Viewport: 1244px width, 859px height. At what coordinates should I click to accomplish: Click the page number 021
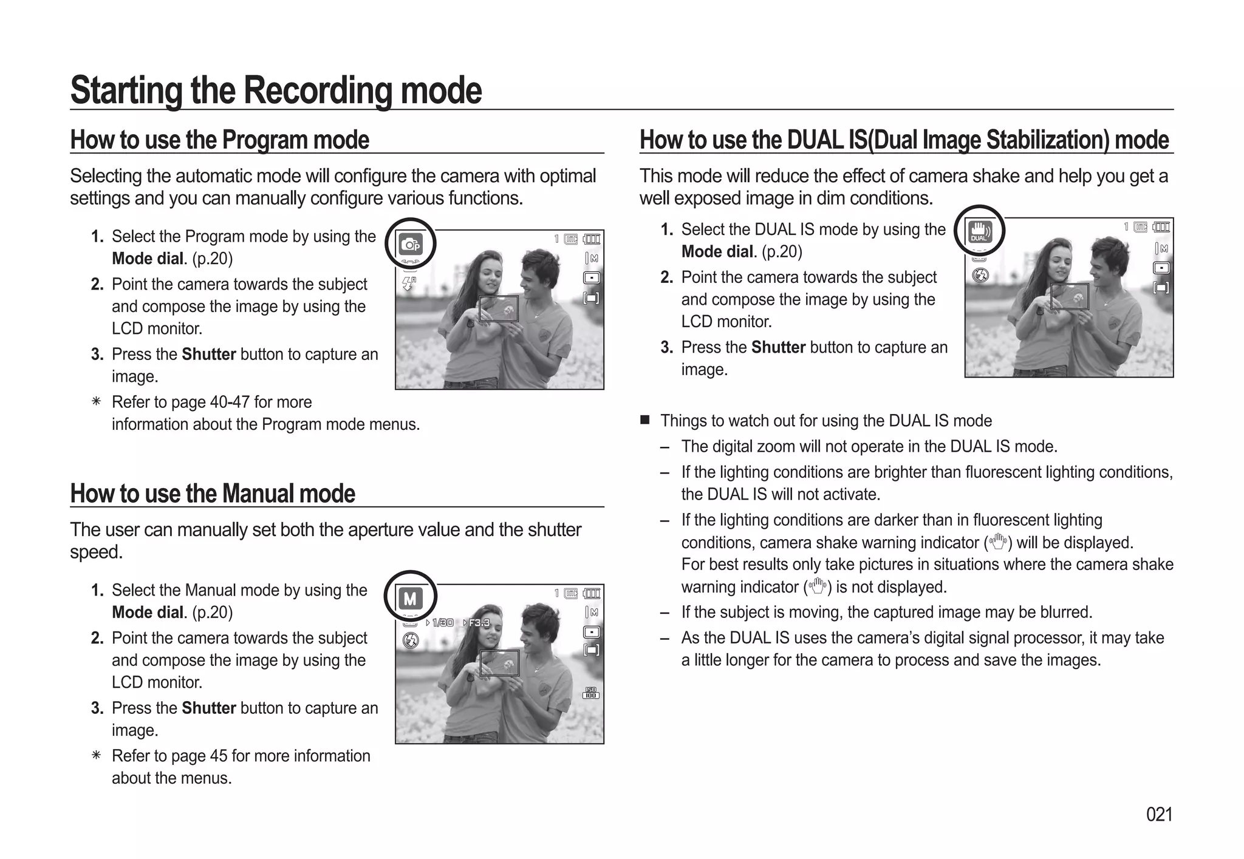1158,814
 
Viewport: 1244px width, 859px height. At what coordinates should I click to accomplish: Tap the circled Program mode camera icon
411,244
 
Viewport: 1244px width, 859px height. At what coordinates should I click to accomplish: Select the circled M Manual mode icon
411,599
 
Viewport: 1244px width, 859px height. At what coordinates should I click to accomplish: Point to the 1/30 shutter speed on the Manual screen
442,623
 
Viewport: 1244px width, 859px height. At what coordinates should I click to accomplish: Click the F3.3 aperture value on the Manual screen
477,623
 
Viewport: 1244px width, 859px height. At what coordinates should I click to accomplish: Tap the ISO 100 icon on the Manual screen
590,693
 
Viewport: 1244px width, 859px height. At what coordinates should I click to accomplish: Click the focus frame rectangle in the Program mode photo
499,308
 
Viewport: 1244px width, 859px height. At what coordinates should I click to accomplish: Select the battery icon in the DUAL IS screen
1162,227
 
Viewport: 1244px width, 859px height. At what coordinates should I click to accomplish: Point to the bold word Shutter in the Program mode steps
208,354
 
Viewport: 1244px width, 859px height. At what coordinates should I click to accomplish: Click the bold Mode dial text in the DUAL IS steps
717,251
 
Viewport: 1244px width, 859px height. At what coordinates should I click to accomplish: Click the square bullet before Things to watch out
645,420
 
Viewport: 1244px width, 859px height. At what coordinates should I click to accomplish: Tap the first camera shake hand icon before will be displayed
997,542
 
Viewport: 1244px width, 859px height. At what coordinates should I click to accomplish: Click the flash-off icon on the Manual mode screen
411,639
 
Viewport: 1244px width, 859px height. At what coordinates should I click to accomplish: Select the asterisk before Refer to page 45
96,756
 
